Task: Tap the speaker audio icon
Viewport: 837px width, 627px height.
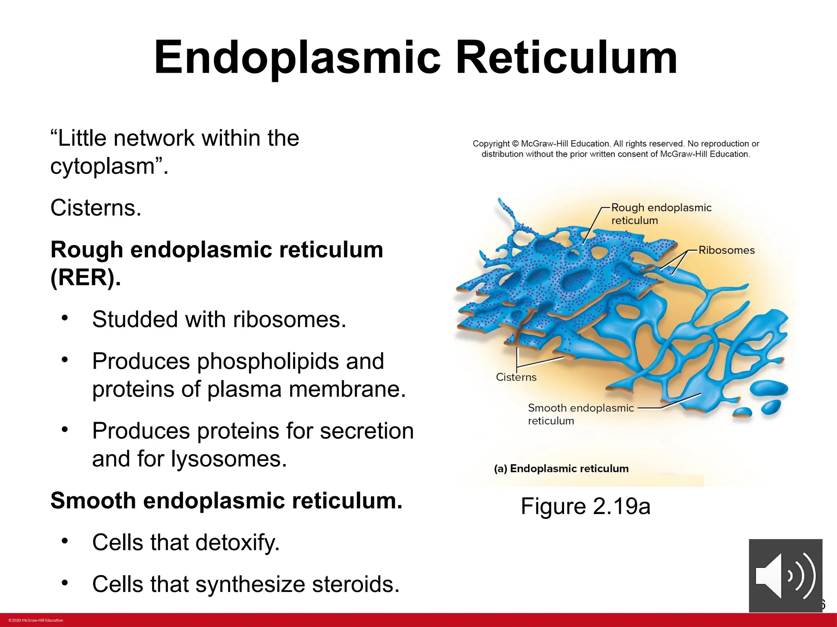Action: click(x=785, y=576)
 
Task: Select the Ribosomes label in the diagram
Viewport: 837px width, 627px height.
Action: click(x=726, y=250)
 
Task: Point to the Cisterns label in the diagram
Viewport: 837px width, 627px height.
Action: click(x=516, y=377)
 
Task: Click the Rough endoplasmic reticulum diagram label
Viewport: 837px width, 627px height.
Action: click(x=661, y=214)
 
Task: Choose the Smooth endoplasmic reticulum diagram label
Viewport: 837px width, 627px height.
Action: click(x=580, y=414)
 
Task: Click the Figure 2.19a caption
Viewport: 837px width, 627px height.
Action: click(x=585, y=507)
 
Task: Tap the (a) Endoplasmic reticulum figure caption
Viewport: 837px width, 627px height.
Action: click(x=561, y=469)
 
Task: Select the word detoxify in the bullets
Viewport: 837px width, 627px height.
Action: click(x=237, y=543)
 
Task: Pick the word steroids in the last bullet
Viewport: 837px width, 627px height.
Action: click(x=355, y=584)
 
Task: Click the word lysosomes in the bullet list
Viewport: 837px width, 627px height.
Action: click(x=228, y=459)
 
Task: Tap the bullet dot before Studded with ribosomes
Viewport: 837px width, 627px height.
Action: click(x=65, y=318)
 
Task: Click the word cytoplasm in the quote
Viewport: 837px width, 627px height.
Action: click(x=102, y=167)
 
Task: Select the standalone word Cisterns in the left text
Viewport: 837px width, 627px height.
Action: click(x=96, y=208)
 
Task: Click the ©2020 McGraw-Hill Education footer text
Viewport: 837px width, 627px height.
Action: click(x=36, y=620)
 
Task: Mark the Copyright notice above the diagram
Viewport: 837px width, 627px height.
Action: click(x=615, y=149)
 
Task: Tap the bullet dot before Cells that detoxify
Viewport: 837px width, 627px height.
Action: click(x=65, y=541)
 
